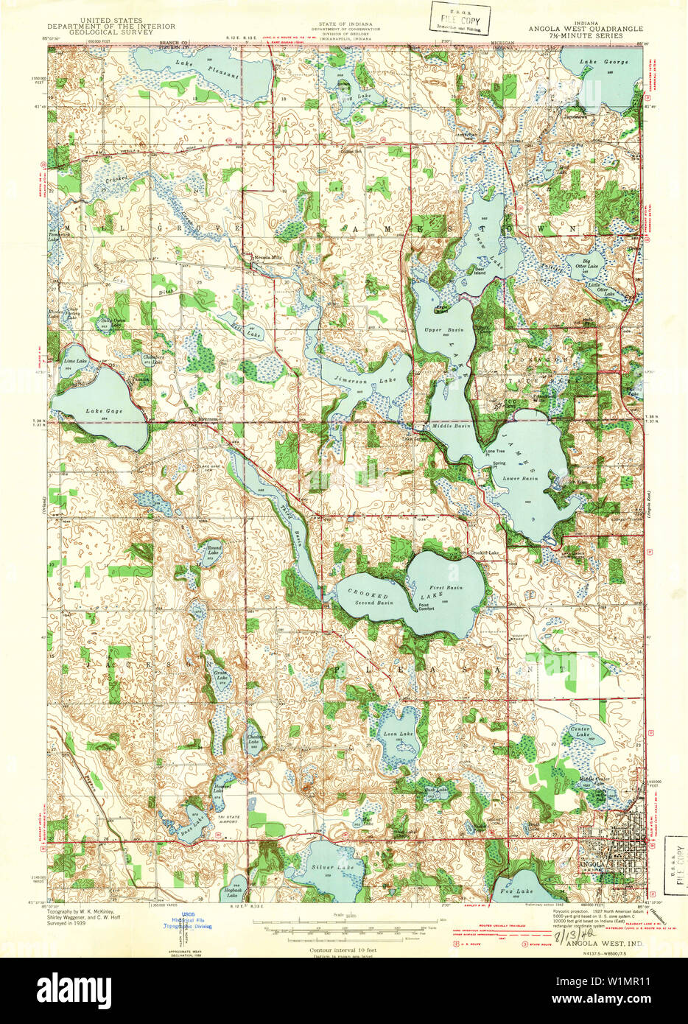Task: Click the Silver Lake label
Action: tap(332, 868)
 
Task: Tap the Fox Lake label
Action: tap(520, 891)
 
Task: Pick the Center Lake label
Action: tap(580, 731)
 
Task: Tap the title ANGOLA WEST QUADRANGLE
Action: tap(585, 29)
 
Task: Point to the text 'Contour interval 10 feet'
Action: tap(345, 950)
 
